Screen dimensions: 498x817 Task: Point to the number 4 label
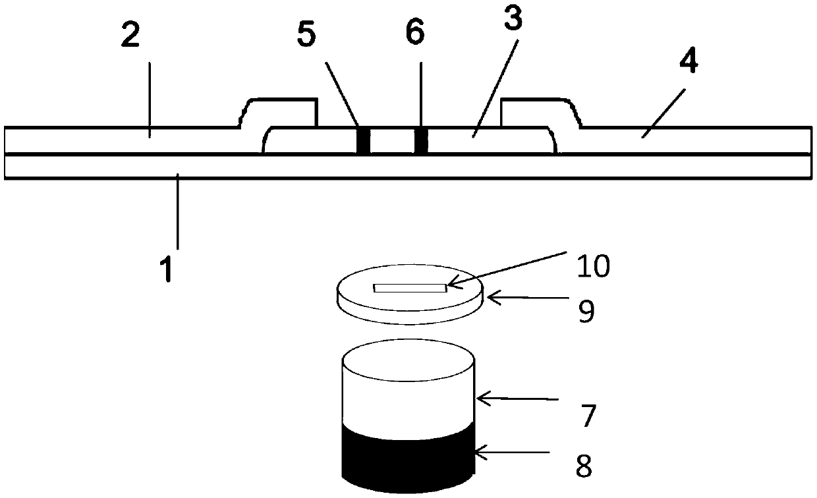pos(689,62)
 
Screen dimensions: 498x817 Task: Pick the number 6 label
pos(415,34)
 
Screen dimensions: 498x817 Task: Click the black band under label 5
pos(362,140)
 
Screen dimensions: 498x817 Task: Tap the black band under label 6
pos(421,140)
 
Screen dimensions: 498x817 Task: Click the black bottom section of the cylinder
pos(408,458)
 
